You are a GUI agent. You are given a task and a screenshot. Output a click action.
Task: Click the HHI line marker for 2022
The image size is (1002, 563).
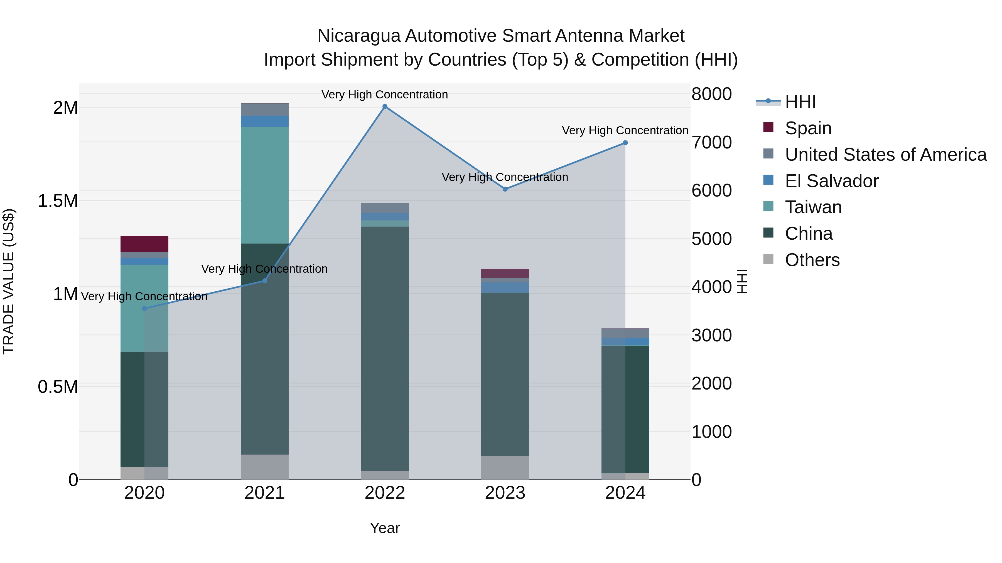point(385,106)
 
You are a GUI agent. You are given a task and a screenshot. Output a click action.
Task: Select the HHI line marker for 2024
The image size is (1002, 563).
point(625,143)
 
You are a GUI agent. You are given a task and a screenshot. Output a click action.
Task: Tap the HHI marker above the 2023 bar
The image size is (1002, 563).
point(505,189)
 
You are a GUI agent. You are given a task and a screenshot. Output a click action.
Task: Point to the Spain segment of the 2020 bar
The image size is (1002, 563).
point(144,244)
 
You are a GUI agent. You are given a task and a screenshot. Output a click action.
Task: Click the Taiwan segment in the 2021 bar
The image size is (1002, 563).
point(264,185)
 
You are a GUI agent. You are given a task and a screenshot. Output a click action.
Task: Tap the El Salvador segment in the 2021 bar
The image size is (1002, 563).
point(264,121)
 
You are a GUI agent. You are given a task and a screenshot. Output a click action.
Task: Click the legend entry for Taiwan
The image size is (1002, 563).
point(813,207)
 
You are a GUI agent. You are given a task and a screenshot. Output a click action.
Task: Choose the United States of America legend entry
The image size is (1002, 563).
point(885,155)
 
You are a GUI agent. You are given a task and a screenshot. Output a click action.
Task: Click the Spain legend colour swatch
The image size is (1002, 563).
point(768,127)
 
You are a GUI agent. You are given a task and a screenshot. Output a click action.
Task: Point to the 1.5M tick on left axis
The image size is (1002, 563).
point(58,201)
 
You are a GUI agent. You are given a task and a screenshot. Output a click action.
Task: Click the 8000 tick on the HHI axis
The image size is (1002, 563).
point(711,94)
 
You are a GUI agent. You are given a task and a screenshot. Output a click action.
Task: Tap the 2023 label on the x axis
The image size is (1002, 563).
point(505,493)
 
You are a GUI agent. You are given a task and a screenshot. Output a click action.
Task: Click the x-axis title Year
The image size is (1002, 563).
point(385,528)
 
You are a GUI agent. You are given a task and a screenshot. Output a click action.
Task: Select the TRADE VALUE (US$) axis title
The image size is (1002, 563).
point(9,281)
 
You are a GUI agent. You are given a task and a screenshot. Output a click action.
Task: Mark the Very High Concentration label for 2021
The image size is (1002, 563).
point(264,269)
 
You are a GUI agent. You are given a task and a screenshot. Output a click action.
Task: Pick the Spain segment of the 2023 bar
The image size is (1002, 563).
point(505,273)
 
